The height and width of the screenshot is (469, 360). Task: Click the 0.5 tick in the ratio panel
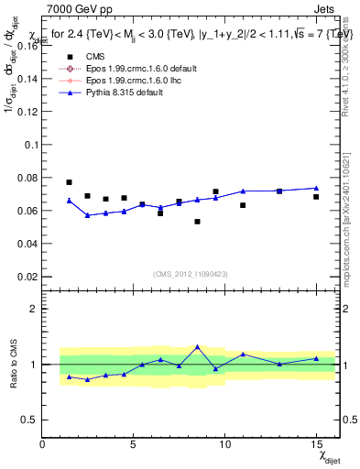tap(29, 420)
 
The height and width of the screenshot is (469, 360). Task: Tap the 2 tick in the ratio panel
tap(34, 309)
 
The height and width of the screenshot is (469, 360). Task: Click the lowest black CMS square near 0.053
tap(197, 222)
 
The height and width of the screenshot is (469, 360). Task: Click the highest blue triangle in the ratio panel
tap(197, 347)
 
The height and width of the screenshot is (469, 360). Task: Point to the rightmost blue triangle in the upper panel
tap(316, 188)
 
